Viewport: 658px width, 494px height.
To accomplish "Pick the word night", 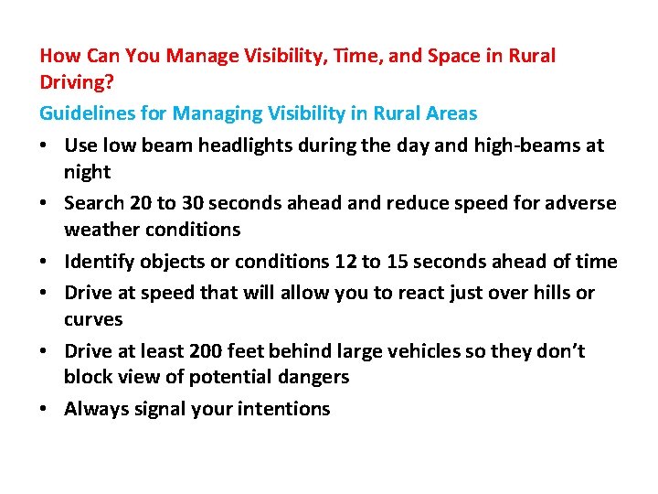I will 87,172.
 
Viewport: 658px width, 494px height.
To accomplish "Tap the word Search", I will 94,203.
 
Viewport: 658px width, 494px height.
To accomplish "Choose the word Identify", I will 98,262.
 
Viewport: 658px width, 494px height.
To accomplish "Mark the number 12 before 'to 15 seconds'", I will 345,262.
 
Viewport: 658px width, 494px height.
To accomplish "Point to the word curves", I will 93,319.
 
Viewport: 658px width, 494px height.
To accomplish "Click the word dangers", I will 315,377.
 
